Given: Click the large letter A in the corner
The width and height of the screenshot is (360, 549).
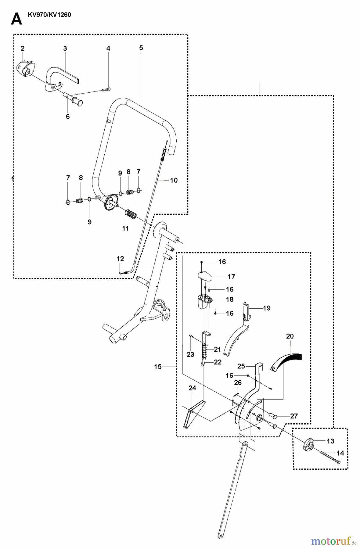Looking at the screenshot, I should click(x=16, y=19).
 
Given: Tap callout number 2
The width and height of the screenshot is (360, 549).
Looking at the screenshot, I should click(x=23, y=48).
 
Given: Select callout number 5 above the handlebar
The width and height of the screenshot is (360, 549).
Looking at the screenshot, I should click(x=141, y=48).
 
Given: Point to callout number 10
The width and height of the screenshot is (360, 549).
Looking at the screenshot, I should click(x=174, y=180).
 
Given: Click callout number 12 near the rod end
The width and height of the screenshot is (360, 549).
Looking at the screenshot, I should click(x=121, y=259).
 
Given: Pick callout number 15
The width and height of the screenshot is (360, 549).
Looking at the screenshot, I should click(x=158, y=367).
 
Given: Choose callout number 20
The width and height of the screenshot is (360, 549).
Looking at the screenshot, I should click(x=290, y=336).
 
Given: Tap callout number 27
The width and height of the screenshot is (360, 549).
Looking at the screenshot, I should click(x=294, y=416).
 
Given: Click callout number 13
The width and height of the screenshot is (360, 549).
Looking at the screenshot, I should click(x=330, y=441).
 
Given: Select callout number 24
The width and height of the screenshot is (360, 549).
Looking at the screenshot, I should click(x=192, y=388).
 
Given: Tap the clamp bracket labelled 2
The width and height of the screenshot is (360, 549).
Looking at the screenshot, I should click(x=25, y=69).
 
